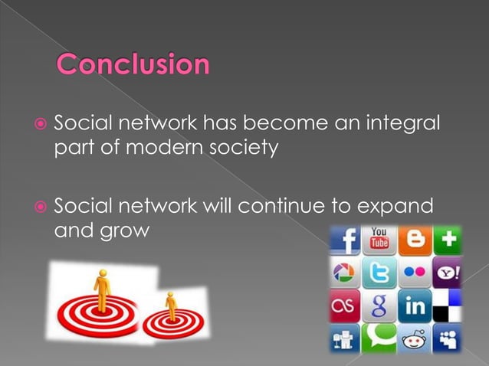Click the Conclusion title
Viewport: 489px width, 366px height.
coord(133,66)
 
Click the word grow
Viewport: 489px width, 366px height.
coord(123,230)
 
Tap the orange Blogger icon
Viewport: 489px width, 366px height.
coord(414,240)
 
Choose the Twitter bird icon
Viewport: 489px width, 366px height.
coord(379,273)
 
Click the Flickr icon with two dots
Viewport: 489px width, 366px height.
coord(414,273)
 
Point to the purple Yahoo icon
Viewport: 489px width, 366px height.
coord(446,273)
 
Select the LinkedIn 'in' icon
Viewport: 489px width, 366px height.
coord(414,306)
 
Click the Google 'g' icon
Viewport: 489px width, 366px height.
coord(379,306)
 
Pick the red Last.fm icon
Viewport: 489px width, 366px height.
coord(345,306)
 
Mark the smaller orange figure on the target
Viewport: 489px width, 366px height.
coord(171,305)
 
